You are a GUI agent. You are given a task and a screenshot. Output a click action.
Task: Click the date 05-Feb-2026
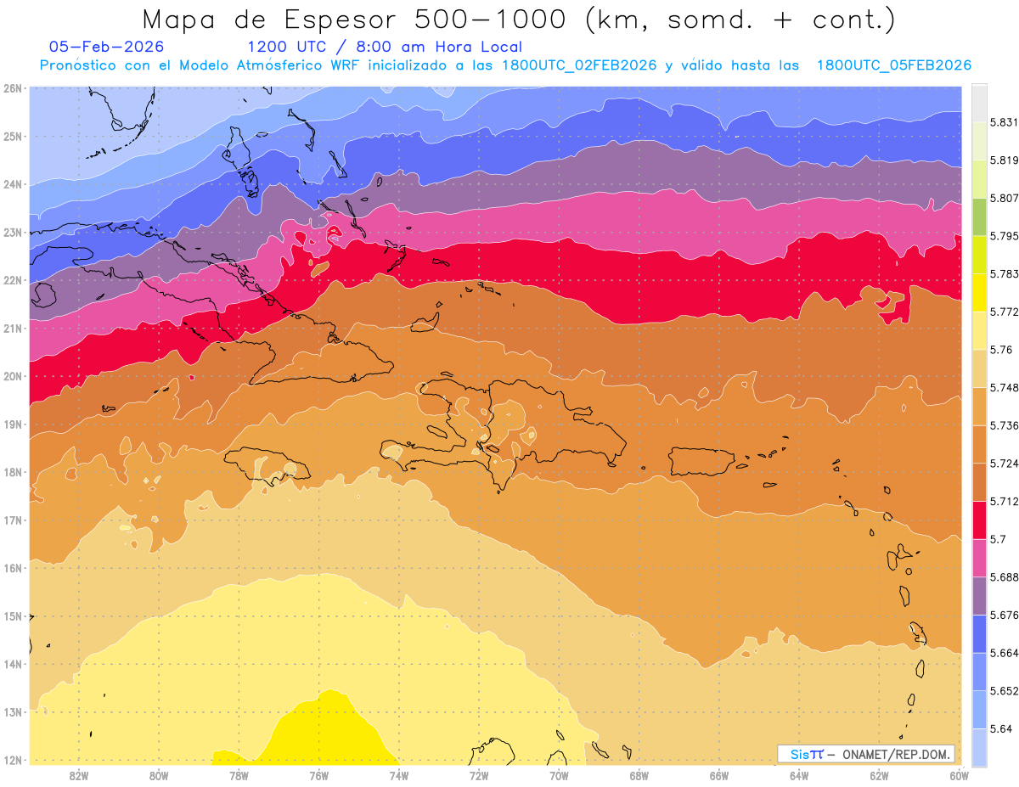click(107, 47)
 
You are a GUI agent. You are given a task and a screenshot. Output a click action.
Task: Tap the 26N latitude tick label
click(12, 88)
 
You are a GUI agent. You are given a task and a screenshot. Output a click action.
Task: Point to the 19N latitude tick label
click(12, 424)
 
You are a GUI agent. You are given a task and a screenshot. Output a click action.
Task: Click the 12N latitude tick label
click(12, 760)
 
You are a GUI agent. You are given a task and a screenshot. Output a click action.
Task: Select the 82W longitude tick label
click(79, 775)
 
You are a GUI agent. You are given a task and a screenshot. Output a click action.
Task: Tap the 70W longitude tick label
click(559, 775)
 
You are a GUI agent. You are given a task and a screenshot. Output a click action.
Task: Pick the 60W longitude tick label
click(960, 775)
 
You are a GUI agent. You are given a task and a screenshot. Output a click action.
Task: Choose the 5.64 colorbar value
click(993, 728)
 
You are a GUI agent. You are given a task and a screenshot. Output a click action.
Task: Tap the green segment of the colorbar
click(979, 216)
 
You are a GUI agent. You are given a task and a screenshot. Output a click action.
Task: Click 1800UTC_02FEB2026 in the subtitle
click(580, 65)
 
